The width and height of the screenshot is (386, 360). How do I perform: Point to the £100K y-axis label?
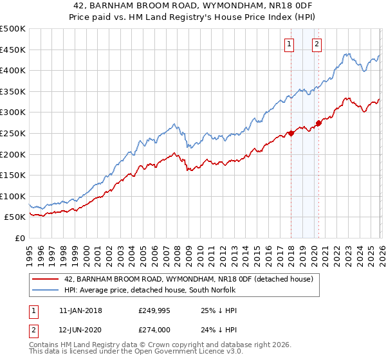click(13, 196)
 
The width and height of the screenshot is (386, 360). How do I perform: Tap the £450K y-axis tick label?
click(13, 50)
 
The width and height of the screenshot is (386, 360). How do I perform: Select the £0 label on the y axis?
click(20, 238)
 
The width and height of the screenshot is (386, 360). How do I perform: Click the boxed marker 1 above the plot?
click(289, 44)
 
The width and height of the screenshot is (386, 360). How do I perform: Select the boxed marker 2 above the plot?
click(317, 44)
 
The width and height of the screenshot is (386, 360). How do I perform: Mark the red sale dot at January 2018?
click(291, 133)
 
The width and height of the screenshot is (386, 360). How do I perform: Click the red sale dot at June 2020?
click(318, 123)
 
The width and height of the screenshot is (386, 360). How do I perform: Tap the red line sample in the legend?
click(45, 279)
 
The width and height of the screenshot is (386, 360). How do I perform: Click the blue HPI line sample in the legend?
click(45, 290)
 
